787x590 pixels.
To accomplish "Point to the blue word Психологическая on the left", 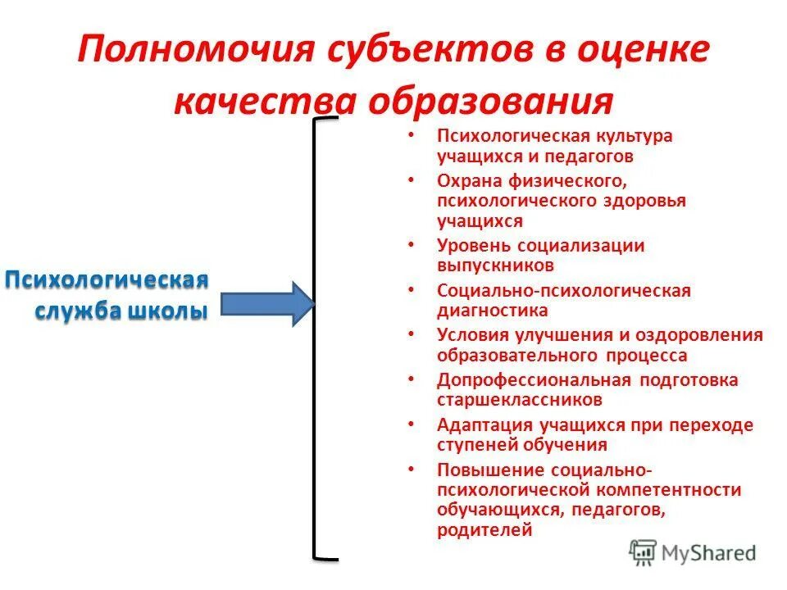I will (x=107, y=280).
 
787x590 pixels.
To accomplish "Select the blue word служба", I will (x=75, y=311).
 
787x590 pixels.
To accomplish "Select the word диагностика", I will (x=492, y=311).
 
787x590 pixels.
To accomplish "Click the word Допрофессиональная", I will (x=533, y=380).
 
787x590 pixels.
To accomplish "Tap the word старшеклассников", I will (x=520, y=401).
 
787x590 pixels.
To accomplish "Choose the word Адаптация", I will (x=483, y=425).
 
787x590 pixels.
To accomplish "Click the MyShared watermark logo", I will (x=694, y=551).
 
